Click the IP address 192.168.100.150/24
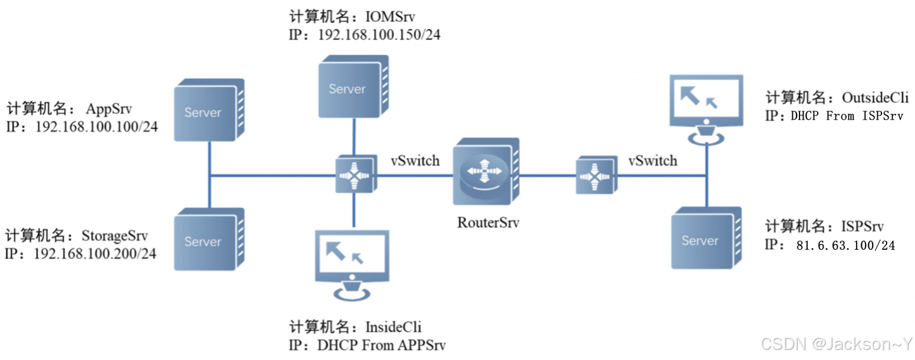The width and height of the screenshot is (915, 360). point(379,35)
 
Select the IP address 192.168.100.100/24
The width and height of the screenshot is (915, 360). point(97,126)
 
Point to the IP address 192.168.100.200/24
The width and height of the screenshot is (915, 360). point(95,254)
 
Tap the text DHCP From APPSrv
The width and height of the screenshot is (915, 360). point(380,345)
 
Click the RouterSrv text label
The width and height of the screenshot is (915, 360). point(488,223)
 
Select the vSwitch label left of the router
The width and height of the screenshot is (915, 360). point(415,160)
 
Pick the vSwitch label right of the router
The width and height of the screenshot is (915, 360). point(652,160)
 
